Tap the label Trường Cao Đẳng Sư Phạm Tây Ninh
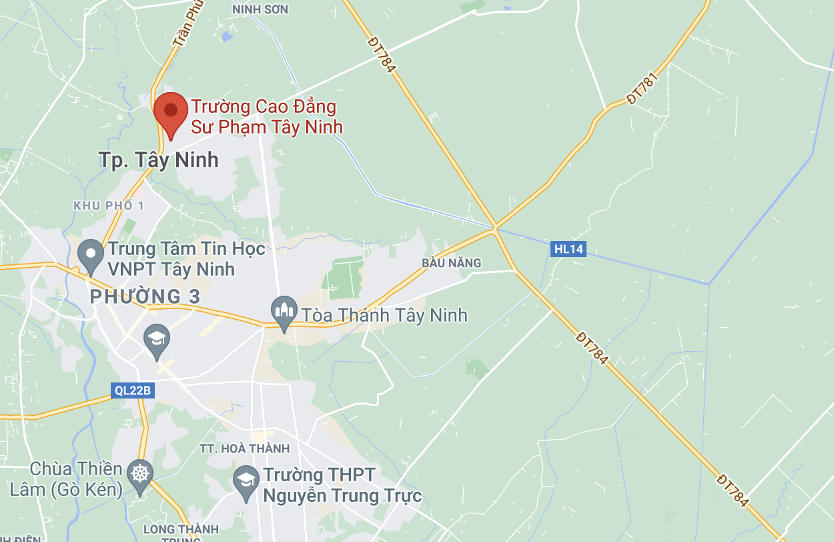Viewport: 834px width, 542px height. (267, 117)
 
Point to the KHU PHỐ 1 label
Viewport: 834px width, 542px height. (108, 206)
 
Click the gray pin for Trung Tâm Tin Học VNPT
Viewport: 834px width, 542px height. (90, 256)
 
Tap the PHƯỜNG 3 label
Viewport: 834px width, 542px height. (145, 296)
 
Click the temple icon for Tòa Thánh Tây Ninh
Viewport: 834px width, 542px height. (284, 312)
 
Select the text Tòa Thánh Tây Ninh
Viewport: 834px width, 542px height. (384, 315)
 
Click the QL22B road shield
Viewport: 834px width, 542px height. (133, 390)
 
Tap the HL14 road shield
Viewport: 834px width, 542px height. (568, 250)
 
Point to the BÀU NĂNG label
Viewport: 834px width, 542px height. (451, 263)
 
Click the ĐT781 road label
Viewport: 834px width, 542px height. (643, 89)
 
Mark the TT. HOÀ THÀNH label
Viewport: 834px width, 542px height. (245, 449)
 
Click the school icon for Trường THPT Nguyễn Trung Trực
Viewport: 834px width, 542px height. (246, 481)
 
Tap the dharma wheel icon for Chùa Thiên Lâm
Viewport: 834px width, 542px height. (139, 476)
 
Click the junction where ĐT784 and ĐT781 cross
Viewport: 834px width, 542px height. (496, 228)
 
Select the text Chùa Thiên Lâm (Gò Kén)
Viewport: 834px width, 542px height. (66, 479)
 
